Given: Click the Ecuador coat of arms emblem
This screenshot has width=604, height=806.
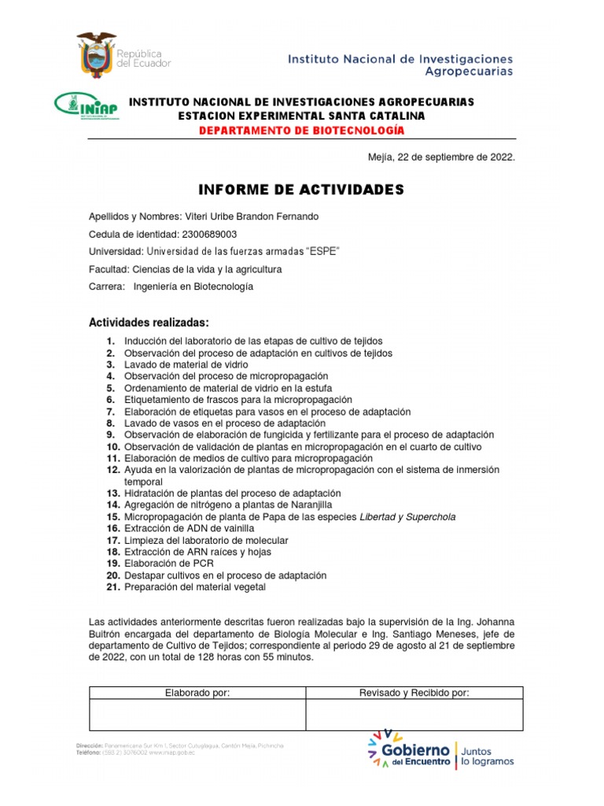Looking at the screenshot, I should tap(96, 54).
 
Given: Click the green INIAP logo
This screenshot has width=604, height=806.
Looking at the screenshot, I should tap(87, 105).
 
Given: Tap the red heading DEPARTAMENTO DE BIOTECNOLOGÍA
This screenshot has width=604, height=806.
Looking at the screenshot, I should tap(301, 130).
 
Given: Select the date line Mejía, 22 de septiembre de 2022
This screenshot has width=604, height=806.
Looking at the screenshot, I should tap(441, 157).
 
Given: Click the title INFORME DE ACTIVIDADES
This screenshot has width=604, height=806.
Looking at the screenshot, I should tap(301, 190).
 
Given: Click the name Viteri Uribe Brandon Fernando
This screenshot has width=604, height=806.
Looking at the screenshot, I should tap(252, 217).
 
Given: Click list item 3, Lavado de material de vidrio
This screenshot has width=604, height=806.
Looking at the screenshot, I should tap(186, 365).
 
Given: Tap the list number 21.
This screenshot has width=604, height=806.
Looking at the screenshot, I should tap(112, 587).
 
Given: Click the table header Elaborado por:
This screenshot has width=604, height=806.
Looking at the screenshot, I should tap(197, 693).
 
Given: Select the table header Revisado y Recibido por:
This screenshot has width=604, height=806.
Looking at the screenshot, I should tap(414, 693).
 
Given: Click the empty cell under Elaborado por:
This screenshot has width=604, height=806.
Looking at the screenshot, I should tap(197, 715).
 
